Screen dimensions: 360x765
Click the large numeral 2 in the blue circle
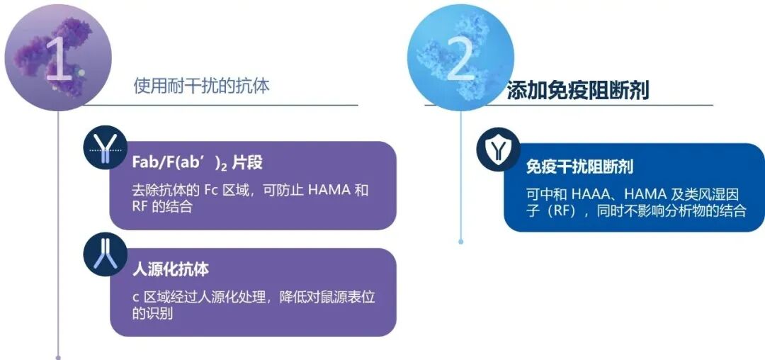[x=460, y=60]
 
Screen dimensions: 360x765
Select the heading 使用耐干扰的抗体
[x=202, y=86]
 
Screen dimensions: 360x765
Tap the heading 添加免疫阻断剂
[x=577, y=91]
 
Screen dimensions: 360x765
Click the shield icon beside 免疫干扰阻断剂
[x=498, y=148]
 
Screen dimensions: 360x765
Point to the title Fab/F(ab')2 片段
[x=197, y=162]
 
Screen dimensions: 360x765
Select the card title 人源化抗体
[x=170, y=269]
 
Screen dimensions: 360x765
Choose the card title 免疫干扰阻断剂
[x=579, y=167]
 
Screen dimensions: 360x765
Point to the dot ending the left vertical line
[x=58, y=356]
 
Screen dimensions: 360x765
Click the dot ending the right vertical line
[x=460, y=242]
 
